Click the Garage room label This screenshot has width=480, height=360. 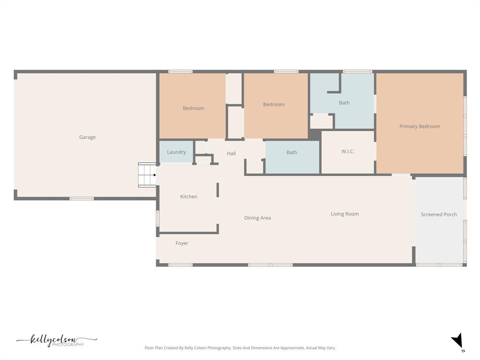point(87,137)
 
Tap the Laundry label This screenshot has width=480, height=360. point(176,152)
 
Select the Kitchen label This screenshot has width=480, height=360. point(188,196)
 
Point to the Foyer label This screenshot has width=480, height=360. point(182,243)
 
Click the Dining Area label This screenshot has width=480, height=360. point(257,217)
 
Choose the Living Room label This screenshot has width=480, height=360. point(345,214)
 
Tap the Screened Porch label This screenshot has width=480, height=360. point(439,214)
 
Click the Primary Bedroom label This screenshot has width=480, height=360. point(420,127)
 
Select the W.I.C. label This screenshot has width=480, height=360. point(348,151)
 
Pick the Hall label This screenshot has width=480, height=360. point(231,153)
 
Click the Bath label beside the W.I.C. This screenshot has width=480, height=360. point(292,152)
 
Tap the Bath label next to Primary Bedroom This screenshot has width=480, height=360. point(344,103)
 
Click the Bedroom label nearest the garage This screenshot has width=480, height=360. point(194,108)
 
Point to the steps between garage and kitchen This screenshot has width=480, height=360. point(147,175)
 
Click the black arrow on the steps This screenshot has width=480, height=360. point(155,175)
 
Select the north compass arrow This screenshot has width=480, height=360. point(457,340)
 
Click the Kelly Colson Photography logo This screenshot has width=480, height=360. point(57,340)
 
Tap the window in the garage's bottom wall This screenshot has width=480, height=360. point(82,199)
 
